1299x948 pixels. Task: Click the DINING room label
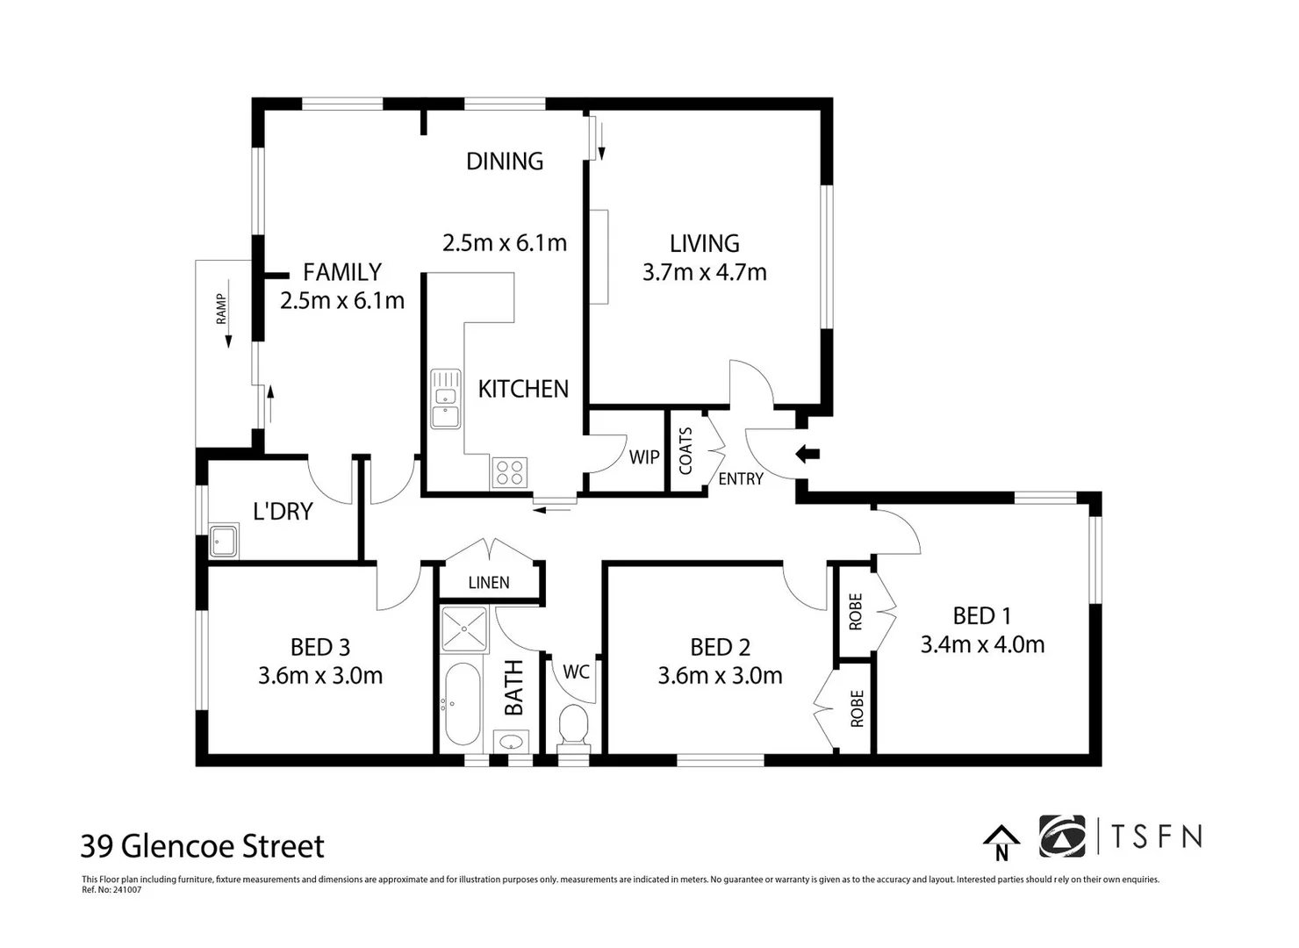point(505,161)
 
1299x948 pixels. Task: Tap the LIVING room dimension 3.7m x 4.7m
point(704,272)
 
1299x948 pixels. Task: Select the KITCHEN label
point(523,389)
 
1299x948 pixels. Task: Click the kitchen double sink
point(446,399)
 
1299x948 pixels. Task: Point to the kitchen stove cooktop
point(509,472)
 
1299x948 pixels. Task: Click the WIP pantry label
point(644,457)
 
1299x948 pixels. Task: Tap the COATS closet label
point(685,450)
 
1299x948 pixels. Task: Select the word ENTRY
point(741,478)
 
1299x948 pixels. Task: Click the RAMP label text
point(221,309)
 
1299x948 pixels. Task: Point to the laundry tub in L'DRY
point(224,541)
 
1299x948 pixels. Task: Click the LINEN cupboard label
point(489,582)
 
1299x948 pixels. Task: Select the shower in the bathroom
point(464,629)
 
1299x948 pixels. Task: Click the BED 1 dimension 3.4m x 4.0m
point(982,644)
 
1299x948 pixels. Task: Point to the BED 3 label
point(320,647)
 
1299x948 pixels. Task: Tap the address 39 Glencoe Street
point(203,846)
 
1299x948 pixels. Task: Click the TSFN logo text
point(1156,837)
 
